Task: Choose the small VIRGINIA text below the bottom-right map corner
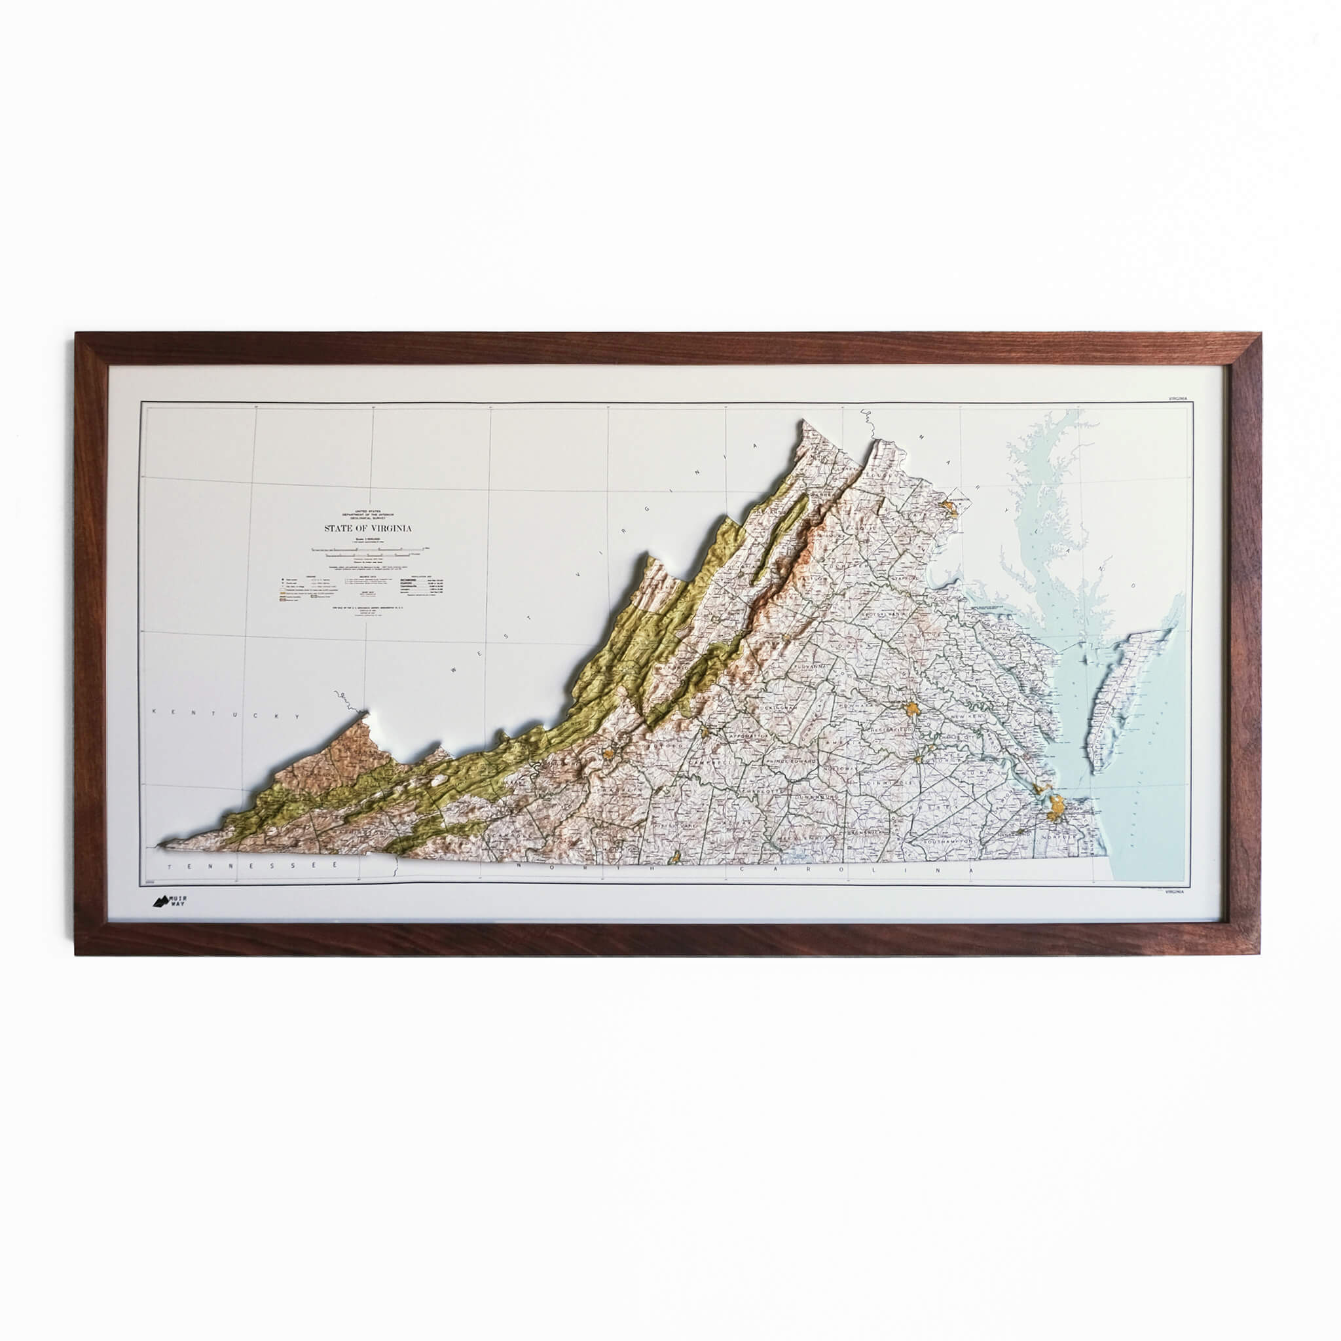click(x=1177, y=892)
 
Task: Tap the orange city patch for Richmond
click(x=912, y=709)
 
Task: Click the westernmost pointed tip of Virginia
click(x=161, y=846)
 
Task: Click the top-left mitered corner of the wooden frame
click(x=78, y=335)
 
